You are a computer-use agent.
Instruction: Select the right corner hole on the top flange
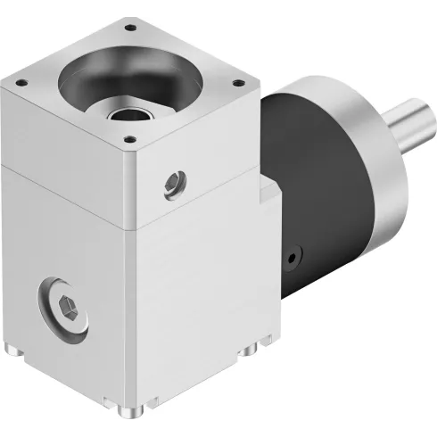point(238,83)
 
